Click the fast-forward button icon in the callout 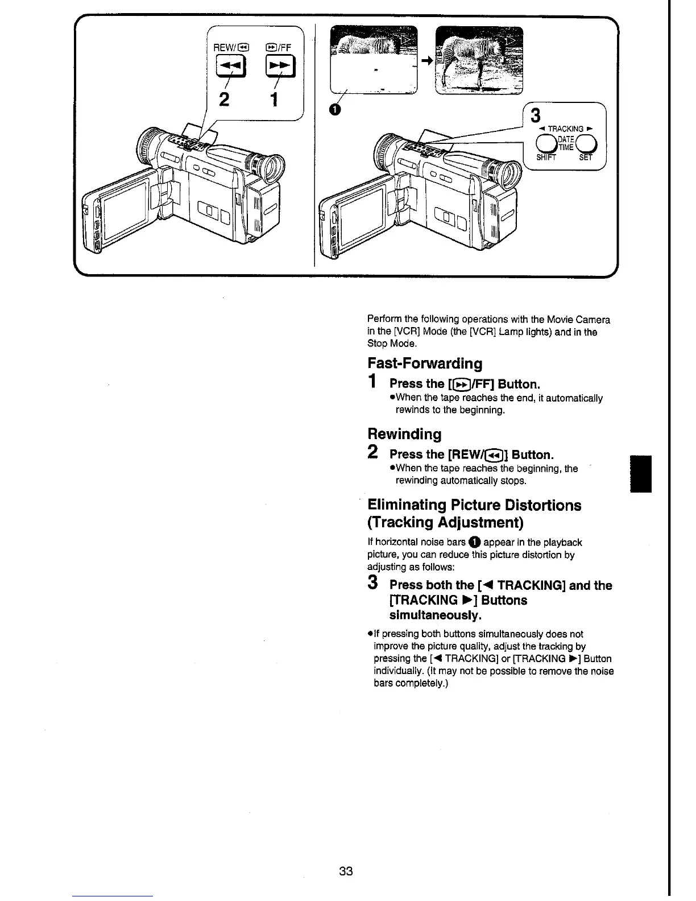click(x=279, y=67)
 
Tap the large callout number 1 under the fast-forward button click(x=274, y=99)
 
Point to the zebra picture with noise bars click(x=374, y=60)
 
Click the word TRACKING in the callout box click(x=565, y=129)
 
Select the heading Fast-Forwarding click(x=425, y=363)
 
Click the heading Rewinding click(x=404, y=435)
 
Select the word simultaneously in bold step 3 click(x=436, y=615)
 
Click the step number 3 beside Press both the click(x=373, y=583)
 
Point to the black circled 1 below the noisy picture click(x=336, y=109)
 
